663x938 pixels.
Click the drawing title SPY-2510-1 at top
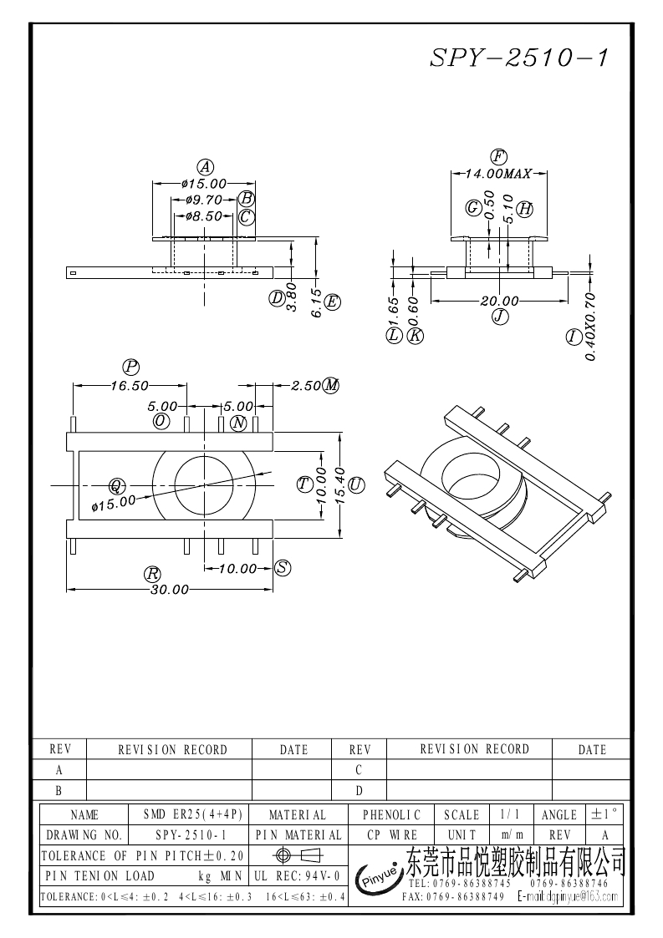pos(518,57)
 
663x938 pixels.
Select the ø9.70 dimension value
pos(202,200)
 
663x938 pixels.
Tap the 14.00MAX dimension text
pos(498,174)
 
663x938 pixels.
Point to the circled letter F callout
pos(499,156)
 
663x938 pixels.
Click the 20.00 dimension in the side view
pos(500,301)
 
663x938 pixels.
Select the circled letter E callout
pos(332,302)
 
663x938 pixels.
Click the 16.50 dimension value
pos(130,385)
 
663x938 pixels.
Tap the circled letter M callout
pos(332,385)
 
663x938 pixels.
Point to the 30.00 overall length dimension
pos(170,590)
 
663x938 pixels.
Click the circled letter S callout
pos(283,568)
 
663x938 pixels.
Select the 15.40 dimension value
pos(339,484)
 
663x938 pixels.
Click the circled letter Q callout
pos(117,484)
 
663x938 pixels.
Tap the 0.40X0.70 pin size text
pos(590,326)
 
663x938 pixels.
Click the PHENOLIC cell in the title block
pos(392,814)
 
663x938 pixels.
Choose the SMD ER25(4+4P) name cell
pos(193,814)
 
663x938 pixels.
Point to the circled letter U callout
pos(357,484)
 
